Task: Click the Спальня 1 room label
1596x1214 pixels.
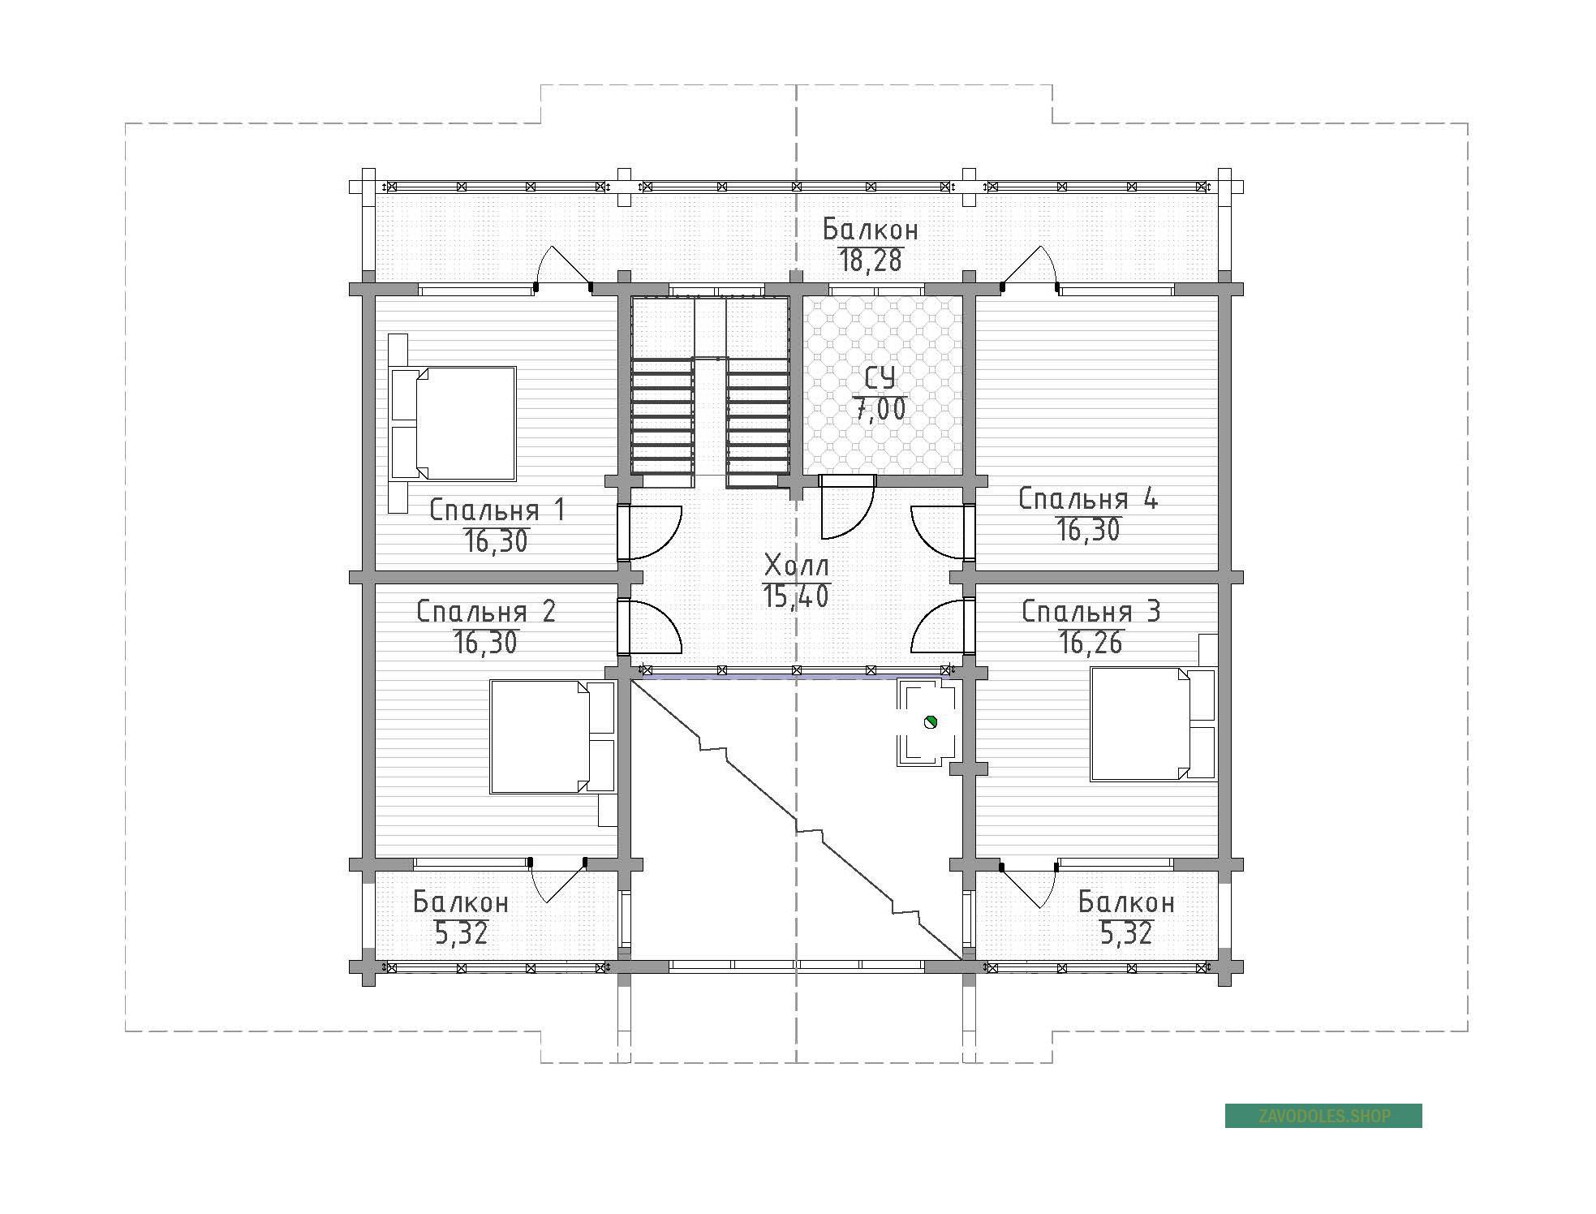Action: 497,510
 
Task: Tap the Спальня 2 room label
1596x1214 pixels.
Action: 486,611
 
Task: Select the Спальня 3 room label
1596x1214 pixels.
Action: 1091,611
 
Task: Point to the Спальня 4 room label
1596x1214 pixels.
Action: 1088,498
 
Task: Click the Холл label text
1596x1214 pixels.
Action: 798,565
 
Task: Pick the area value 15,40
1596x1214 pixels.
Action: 796,596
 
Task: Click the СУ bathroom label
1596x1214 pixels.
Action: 880,378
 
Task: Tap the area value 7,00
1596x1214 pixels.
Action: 880,410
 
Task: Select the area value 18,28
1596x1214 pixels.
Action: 871,260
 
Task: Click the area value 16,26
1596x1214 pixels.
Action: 1091,643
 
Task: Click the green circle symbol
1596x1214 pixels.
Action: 931,721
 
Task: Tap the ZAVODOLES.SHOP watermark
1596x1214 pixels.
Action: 1323,1116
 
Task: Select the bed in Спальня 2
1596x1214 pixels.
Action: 553,736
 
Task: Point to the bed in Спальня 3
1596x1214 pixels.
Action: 1154,724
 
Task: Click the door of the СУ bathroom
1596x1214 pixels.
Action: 847,507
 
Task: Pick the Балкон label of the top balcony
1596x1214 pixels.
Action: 871,230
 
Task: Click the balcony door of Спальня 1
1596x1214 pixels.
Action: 562,266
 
